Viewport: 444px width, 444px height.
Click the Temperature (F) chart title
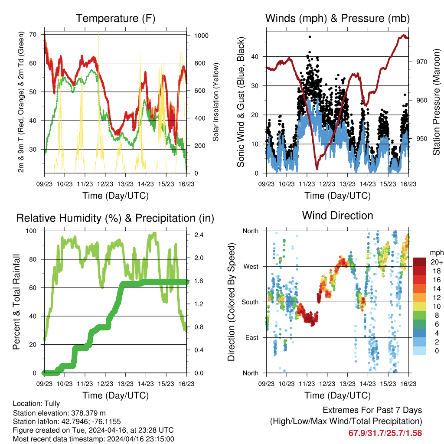(115, 19)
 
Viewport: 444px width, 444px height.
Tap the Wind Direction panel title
(337, 215)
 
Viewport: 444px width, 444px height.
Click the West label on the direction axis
(250, 266)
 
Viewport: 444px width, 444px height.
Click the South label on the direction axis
(250, 302)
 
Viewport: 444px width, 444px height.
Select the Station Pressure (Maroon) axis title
(436, 102)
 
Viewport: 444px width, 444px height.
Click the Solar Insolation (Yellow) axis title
(215, 102)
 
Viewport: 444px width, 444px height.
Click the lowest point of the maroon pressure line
(317, 168)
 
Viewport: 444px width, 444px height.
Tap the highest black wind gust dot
(310, 37)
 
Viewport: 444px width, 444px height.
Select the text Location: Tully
(36, 404)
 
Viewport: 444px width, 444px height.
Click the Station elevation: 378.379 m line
(59, 413)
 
